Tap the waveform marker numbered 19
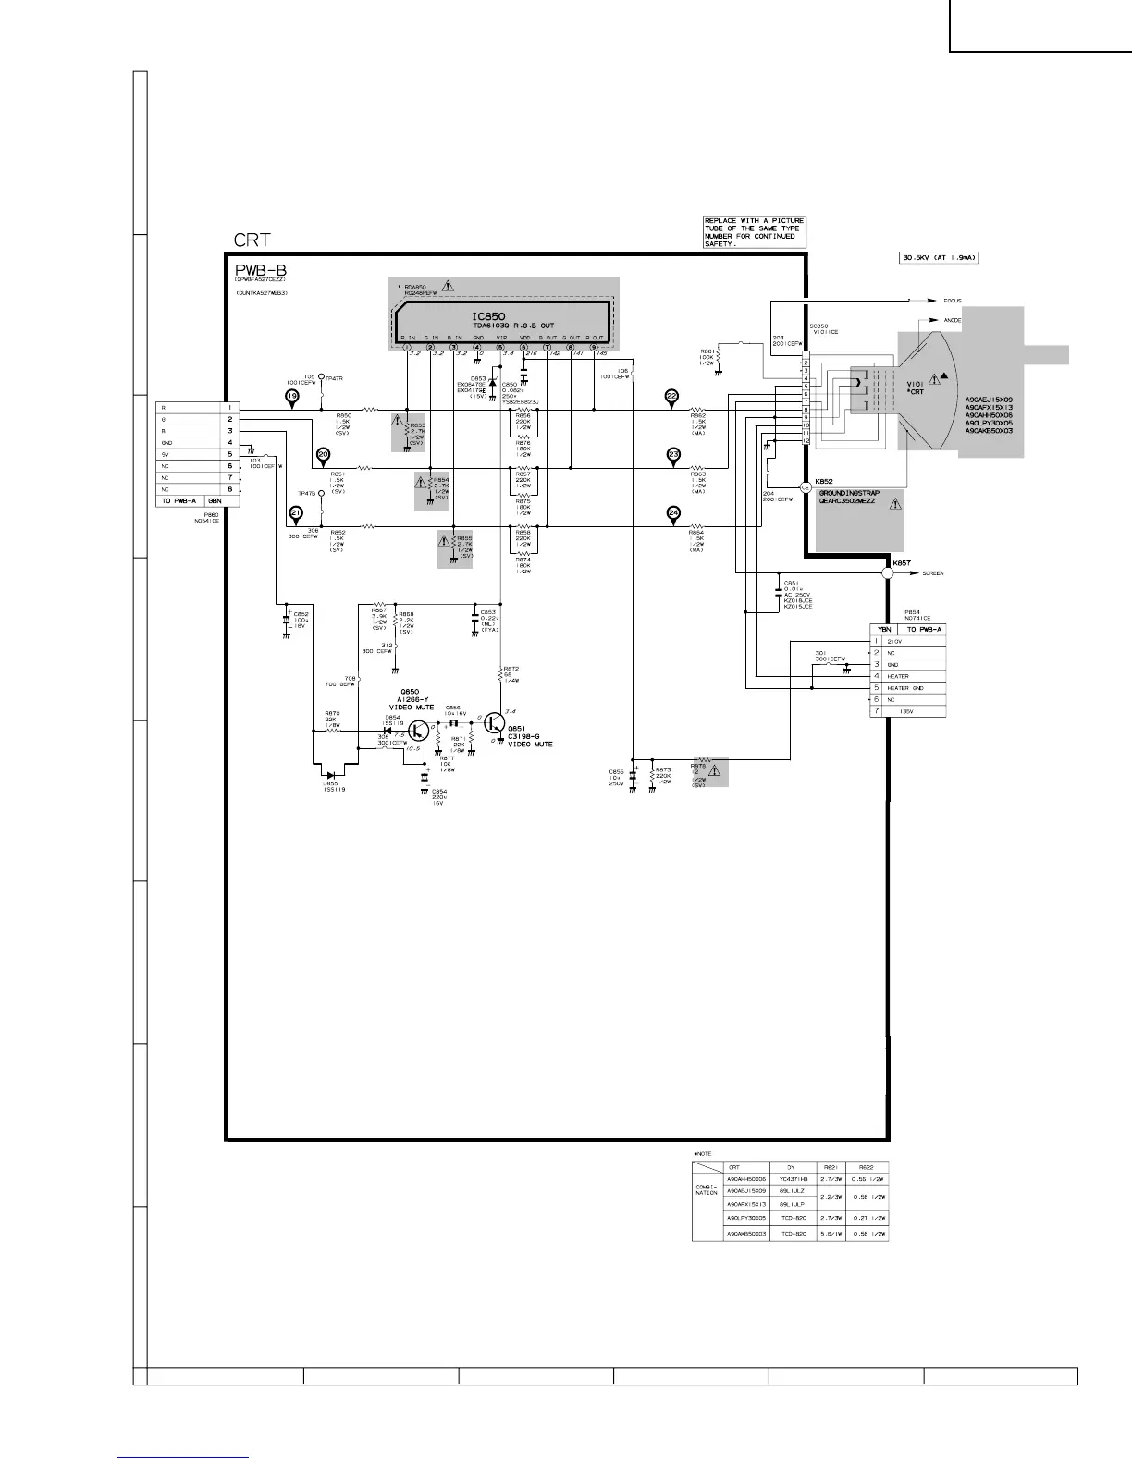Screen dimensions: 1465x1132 [292, 398]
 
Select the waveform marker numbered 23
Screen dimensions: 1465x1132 [673, 455]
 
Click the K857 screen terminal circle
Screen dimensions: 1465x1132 [887, 573]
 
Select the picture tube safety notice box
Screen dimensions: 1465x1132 [755, 232]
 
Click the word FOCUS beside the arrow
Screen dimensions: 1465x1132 [954, 301]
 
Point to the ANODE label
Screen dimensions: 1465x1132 [953, 320]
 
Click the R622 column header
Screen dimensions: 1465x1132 [866, 1167]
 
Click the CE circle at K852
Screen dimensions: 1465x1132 [806, 486]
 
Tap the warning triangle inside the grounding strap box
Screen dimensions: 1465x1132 [894, 504]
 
